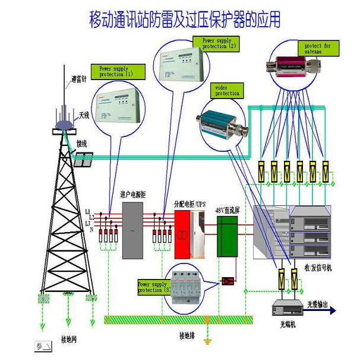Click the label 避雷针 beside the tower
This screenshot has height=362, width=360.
79,79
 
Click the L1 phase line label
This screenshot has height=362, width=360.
87,211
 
